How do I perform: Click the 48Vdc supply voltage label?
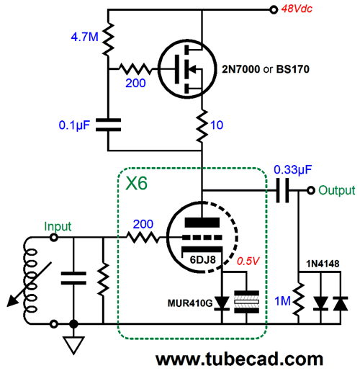(x=297, y=9)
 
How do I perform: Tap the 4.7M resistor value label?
(x=85, y=37)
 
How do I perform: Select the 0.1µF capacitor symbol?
(x=108, y=125)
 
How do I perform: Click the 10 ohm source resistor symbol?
(x=202, y=125)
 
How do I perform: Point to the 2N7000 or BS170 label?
(x=266, y=69)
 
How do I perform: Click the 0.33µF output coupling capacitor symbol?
(x=282, y=190)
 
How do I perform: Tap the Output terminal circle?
(x=311, y=190)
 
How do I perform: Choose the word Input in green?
(x=58, y=226)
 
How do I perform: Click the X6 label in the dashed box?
(x=136, y=184)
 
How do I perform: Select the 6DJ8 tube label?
(x=203, y=259)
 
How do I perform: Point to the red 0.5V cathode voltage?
(x=248, y=261)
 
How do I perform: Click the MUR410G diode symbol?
(x=222, y=303)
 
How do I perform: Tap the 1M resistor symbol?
(x=299, y=300)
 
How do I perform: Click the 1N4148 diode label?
(x=323, y=264)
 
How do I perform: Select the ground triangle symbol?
(x=73, y=345)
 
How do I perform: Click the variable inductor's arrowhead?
(x=12, y=302)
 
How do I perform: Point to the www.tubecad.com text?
(x=239, y=359)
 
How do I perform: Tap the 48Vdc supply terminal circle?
(x=274, y=10)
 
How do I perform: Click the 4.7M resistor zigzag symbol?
(x=108, y=40)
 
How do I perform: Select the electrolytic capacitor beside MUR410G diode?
(x=246, y=302)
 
